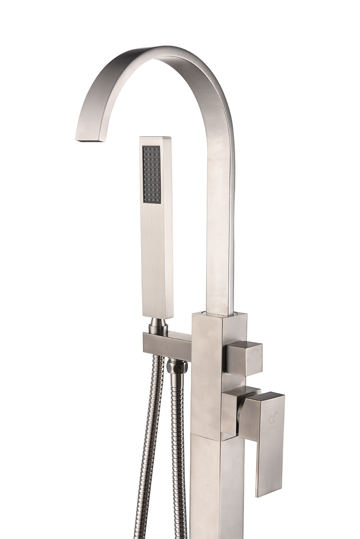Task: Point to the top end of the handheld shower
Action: [x=155, y=139]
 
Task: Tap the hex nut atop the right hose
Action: [x=177, y=368]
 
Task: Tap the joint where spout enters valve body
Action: [x=219, y=313]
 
